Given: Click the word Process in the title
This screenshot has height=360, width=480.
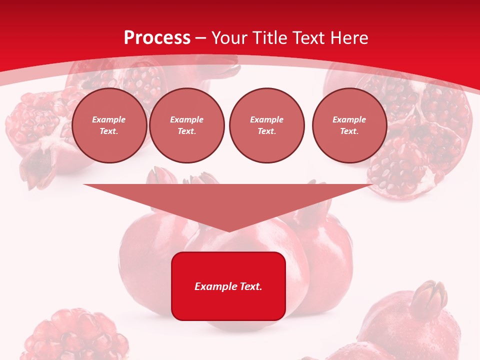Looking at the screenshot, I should tap(157, 38).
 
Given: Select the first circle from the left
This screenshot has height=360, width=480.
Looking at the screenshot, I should tap(109, 125).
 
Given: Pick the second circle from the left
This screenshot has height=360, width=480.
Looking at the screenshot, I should tap(186, 125).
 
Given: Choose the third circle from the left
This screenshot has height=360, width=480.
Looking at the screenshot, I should tap(266, 125).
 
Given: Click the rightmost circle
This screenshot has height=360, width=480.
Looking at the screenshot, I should tap(349, 125).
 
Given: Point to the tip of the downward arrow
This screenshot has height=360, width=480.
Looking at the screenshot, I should tap(228, 231).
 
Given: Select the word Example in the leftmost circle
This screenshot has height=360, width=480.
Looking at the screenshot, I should tap(109, 119).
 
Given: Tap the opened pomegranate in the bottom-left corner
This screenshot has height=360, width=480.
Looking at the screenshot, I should tap(75, 335).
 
